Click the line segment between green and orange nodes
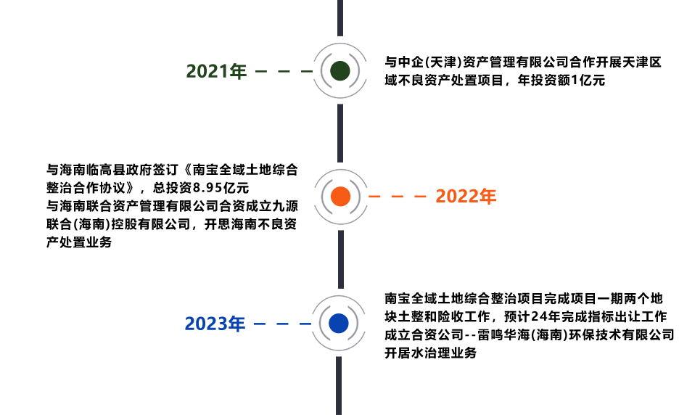[x=339, y=133]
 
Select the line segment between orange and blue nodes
[x=340, y=259]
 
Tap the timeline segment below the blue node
[x=339, y=385]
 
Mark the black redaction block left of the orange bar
[x=167, y=205]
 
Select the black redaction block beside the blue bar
[x=530, y=325]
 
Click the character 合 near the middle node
[x=292, y=170]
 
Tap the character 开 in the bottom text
[x=390, y=353]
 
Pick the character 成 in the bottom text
[x=390, y=334]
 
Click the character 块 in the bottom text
[x=390, y=316]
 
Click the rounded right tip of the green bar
[x=345, y=70]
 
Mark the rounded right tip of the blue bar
[x=343, y=323]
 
